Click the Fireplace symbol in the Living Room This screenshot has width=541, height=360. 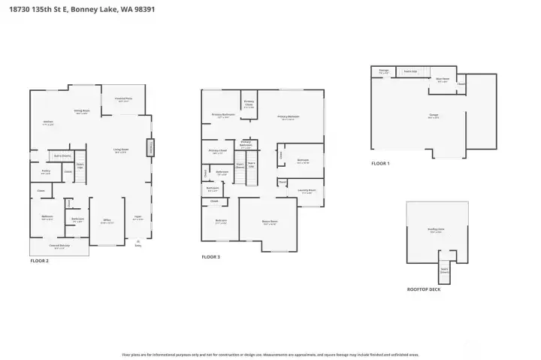click(x=156, y=148)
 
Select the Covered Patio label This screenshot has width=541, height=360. click(x=124, y=99)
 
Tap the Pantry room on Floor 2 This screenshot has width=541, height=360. click(x=45, y=173)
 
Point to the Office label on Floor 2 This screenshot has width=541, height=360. click(x=107, y=221)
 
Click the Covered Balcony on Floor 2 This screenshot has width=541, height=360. click(x=59, y=247)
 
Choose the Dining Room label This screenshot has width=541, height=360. click(x=81, y=111)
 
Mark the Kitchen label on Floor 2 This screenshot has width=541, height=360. click(x=48, y=123)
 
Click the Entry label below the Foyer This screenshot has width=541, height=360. click(x=138, y=244)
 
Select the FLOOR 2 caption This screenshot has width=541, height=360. click(x=39, y=261)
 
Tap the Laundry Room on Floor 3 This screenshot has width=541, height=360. click(x=306, y=191)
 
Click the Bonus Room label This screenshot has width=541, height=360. click(x=269, y=222)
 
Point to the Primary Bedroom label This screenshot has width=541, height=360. click(x=289, y=117)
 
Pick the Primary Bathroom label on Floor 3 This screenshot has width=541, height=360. click(x=223, y=116)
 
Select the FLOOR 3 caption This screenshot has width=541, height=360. click(x=211, y=257)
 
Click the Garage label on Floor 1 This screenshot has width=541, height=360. click(x=434, y=116)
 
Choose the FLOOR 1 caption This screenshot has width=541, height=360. click(x=381, y=163)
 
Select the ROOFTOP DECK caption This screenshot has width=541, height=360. click(x=424, y=289)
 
